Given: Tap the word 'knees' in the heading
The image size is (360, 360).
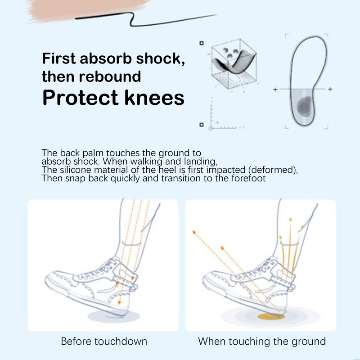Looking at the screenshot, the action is click(x=154, y=97).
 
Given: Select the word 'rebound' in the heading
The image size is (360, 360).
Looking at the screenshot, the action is click(x=110, y=76).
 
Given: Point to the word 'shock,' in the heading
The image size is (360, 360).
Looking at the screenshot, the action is click(x=160, y=58).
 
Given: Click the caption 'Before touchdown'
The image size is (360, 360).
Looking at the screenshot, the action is click(x=104, y=341).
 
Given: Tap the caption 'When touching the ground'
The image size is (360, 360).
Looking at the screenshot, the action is click(x=262, y=342).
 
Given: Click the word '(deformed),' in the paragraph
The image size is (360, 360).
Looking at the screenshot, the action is click(x=273, y=170).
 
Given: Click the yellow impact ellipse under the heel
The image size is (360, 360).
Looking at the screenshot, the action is click(x=271, y=317).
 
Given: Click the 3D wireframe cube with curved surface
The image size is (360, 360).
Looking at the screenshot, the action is click(x=234, y=63).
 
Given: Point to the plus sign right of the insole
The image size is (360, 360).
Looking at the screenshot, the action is click(x=330, y=89).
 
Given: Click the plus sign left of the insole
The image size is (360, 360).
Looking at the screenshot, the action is click(x=275, y=90).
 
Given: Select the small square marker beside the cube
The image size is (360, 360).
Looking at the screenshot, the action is click(x=201, y=43).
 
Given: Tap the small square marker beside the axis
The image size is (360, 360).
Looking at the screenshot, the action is click(x=201, y=125).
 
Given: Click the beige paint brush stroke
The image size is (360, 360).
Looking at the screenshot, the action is click(x=87, y=10).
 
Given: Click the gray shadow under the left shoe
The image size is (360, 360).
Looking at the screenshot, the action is click(x=114, y=316).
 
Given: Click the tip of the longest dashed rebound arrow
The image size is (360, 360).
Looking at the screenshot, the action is click(x=193, y=231).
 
